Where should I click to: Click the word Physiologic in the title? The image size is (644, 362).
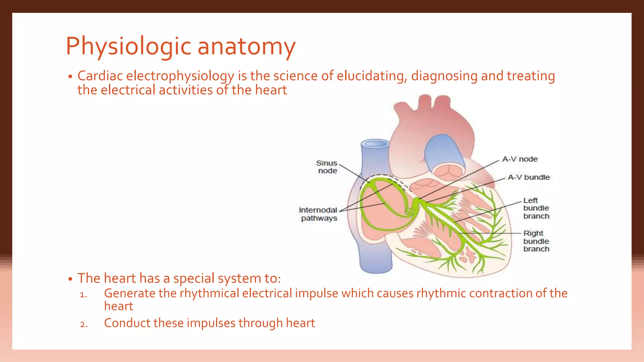tap(128, 47)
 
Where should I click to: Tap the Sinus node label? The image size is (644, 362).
tap(327, 167)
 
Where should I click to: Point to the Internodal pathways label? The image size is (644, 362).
tap(318, 214)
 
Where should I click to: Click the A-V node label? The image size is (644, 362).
tap(520, 159)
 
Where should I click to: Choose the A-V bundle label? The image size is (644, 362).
tap(529, 178)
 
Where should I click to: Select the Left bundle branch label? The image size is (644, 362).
tap(536, 208)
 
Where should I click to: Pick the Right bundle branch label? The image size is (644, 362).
tap(536, 241)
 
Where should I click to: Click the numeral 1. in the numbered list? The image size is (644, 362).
tap(83, 295)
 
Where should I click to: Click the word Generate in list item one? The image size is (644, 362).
tap(130, 293)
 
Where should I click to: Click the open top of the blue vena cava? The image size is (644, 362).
tap(375, 144)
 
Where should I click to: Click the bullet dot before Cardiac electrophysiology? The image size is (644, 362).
tap(70, 77)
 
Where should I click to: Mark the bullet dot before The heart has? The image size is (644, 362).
tap(70, 279)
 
